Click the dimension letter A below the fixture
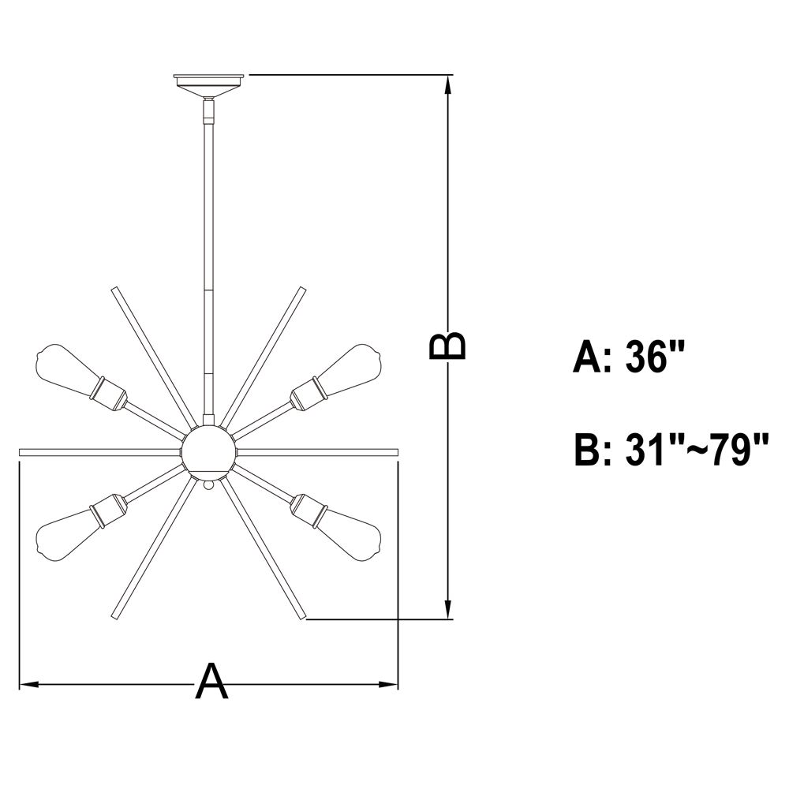tap(211, 681)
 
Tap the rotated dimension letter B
tap(447, 346)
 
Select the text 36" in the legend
tap(655, 357)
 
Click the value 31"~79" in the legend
tap(697, 450)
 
